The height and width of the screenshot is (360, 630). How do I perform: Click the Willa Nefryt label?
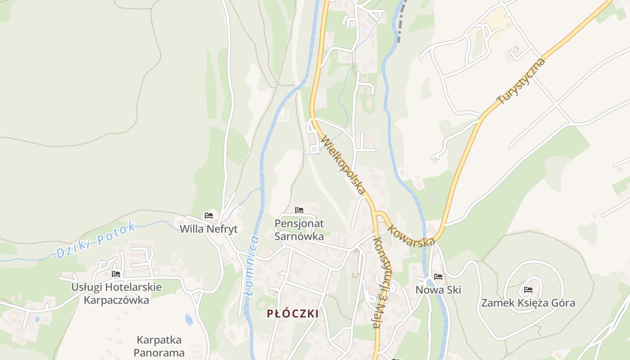(208, 229)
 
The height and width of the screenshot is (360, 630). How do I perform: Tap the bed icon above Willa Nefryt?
(208, 216)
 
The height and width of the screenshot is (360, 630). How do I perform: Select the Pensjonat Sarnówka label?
(299, 229)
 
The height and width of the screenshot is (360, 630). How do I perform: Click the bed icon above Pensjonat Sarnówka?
(299, 210)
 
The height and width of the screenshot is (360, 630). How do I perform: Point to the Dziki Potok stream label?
(96, 240)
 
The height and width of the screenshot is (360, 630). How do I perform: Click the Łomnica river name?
(252, 265)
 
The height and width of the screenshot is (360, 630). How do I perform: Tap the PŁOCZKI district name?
(292, 314)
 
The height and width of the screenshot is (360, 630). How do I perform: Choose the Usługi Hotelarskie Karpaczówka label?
(116, 293)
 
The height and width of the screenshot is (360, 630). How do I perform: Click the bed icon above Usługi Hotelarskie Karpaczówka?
(116, 274)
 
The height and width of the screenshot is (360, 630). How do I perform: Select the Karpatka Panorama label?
(159, 346)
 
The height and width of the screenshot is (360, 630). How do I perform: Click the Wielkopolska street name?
(342, 165)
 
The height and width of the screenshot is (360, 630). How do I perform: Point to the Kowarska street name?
(411, 234)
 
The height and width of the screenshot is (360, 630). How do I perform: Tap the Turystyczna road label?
(521, 81)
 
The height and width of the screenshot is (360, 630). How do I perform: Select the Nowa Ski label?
(438, 290)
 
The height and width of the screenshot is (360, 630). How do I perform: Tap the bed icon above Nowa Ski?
(438, 277)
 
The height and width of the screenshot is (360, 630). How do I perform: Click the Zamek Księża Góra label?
(528, 303)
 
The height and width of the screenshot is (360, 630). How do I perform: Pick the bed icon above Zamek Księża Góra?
(528, 290)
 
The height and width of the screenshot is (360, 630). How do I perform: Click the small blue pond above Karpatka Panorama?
(189, 319)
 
